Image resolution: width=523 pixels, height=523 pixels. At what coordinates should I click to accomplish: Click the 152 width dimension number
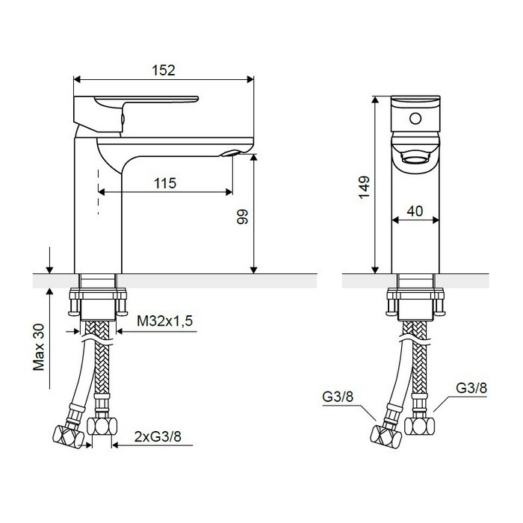pyautogui.click(x=164, y=70)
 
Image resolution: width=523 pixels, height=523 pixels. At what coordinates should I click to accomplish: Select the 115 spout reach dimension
pyautogui.click(x=165, y=183)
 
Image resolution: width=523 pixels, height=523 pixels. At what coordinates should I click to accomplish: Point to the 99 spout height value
pyautogui.click(x=243, y=217)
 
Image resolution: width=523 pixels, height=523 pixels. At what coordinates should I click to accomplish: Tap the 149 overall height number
pyautogui.click(x=364, y=187)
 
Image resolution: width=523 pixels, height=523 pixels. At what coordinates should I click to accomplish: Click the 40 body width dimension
pyautogui.click(x=415, y=211)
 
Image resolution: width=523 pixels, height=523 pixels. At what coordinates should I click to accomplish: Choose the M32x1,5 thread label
pyautogui.click(x=165, y=321)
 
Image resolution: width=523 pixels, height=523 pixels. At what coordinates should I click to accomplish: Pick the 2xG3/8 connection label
pyautogui.click(x=158, y=436)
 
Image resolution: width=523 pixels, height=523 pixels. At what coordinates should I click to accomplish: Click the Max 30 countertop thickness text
pyautogui.click(x=39, y=347)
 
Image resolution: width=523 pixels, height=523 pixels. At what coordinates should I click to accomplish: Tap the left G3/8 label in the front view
pyautogui.click(x=338, y=397)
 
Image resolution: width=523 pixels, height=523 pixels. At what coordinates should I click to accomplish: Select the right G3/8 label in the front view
pyautogui.click(x=471, y=388)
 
